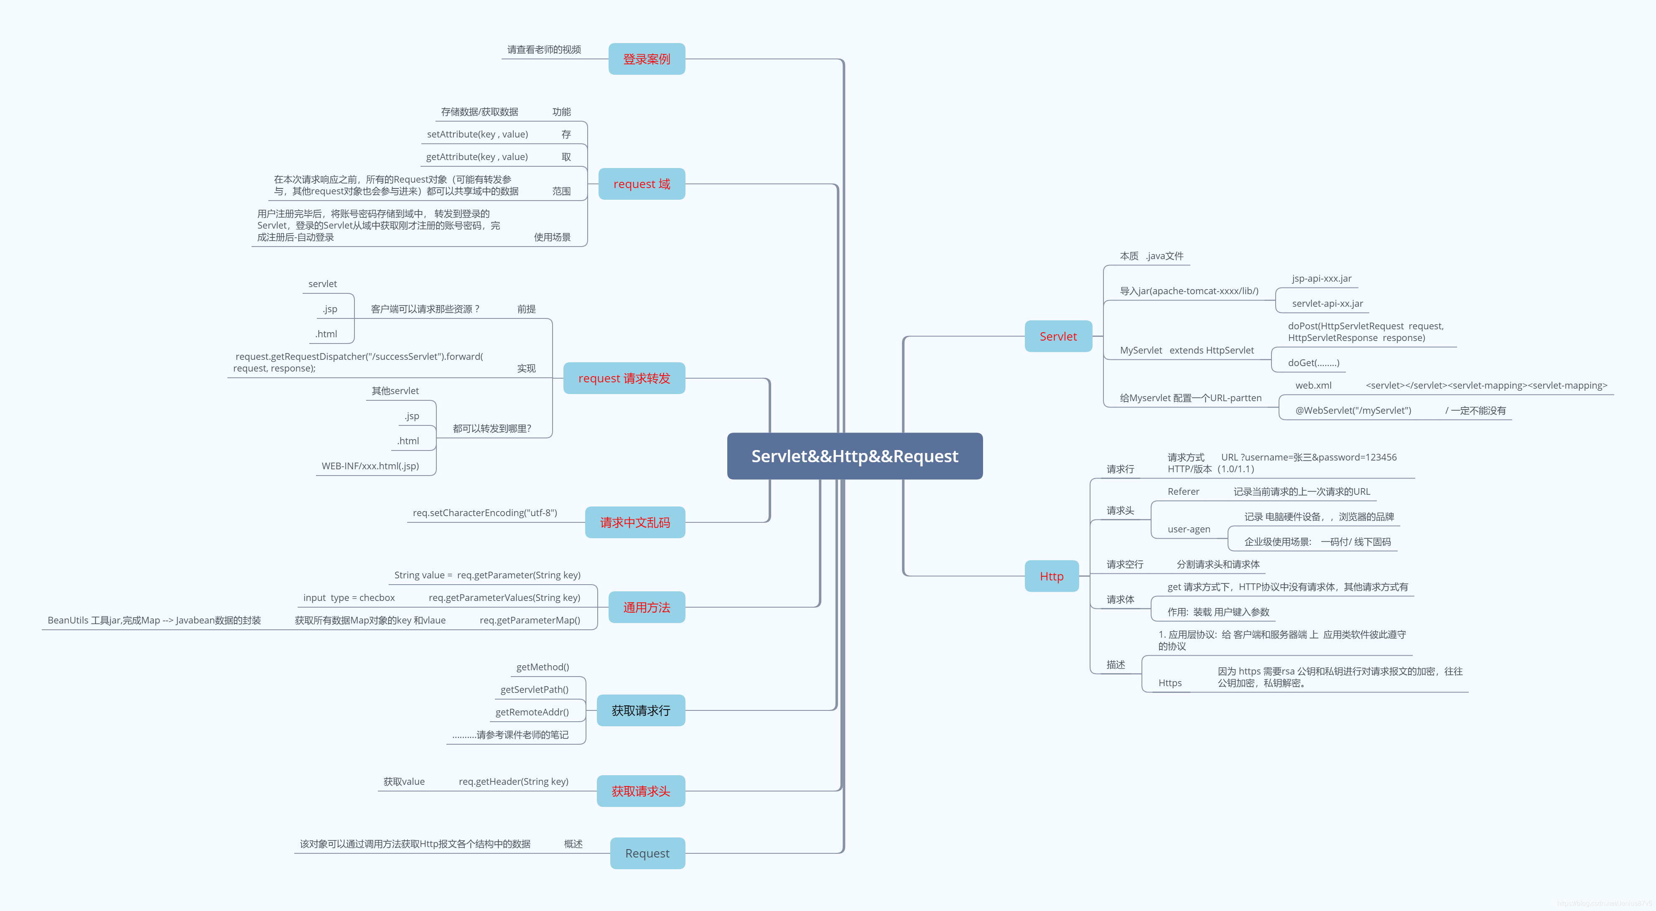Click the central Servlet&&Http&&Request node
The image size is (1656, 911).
(x=854, y=456)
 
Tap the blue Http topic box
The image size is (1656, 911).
(x=1051, y=576)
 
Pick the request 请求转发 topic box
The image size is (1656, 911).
(x=624, y=378)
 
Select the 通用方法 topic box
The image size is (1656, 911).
(x=646, y=607)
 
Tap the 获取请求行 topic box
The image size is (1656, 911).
(x=640, y=710)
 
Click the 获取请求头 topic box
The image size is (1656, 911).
(x=640, y=791)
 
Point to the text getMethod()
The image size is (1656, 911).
(x=542, y=667)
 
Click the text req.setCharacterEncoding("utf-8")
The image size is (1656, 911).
(x=485, y=512)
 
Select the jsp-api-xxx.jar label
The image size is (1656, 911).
(x=1321, y=278)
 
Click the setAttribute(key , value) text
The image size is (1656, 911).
(x=477, y=134)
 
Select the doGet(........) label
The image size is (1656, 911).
(x=1313, y=363)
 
